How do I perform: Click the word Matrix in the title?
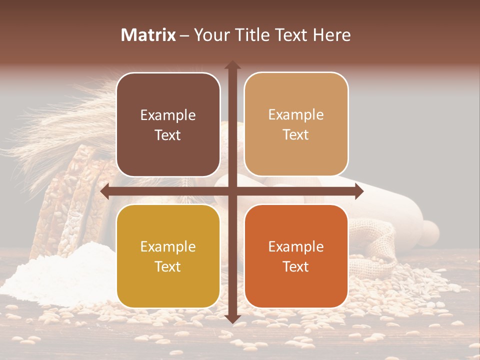pyautogui.click(x=148, y=35)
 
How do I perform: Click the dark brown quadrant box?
pyautogui.click(x=168, y=124)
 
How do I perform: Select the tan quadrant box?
pyautogui.click(x=296, y=124)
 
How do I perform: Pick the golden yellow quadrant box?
pyautogui.click(x=168, y=256)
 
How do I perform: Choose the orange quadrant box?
pyautogui.click(x=296, y=256)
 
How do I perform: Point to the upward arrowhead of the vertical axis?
pyautogui.click(x=232, y=64)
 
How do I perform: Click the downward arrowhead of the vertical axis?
pyautogui.click(x=232, y=319)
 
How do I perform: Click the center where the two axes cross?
pyautogui.click(x=232, y=191)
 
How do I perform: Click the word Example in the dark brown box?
pyautogui.click(x=168, y=115)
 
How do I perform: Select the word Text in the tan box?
pyautogui.click(x=296, y=135)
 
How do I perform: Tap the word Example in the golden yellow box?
pyautogui.click(x=168, y=246)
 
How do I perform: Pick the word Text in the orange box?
pyautogui.click(x=296, y=266)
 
